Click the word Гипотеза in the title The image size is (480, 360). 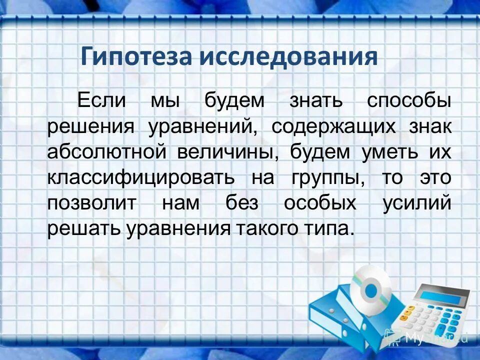point(136,56)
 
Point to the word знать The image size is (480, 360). point(316,100)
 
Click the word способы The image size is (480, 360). point(409,101)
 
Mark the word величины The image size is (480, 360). point(227,152)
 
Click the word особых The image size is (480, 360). point(320,203)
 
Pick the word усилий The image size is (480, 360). point(417,204)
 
